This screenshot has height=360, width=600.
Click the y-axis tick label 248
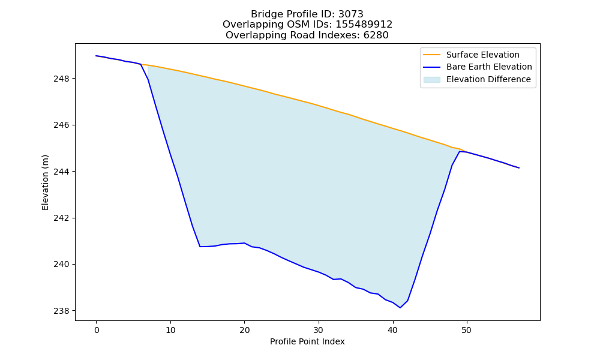[x=62, y=79]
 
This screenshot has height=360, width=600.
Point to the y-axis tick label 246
[x=62, y=125]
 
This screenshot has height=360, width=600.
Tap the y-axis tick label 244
[x=62, y=172]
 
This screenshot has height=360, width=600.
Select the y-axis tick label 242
[x=62, y=218]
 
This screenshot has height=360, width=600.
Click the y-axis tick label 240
[x=62, y=265]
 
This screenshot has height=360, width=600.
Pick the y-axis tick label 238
[x=62, y=311]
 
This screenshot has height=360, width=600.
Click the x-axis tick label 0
[x=97, y=330]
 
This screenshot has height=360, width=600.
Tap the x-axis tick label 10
[x=170, y=330]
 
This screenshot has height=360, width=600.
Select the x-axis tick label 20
[x=245, y=330]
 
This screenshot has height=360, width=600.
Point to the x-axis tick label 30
[x=319, y=330]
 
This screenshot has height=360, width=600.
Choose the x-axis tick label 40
[x=392, y=330]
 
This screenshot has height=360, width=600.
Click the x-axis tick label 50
[x=466, y=330]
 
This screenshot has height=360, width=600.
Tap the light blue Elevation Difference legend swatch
[x=431, y=80]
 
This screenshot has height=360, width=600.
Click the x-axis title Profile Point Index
[x=307, y=341]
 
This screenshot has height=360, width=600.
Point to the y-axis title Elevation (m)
[x=45, y=182]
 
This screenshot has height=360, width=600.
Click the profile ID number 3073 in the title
[x=350, y=14]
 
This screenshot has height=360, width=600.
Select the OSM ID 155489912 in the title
[x=364, y=25]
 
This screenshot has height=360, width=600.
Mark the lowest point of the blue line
[x=400, y=308]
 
